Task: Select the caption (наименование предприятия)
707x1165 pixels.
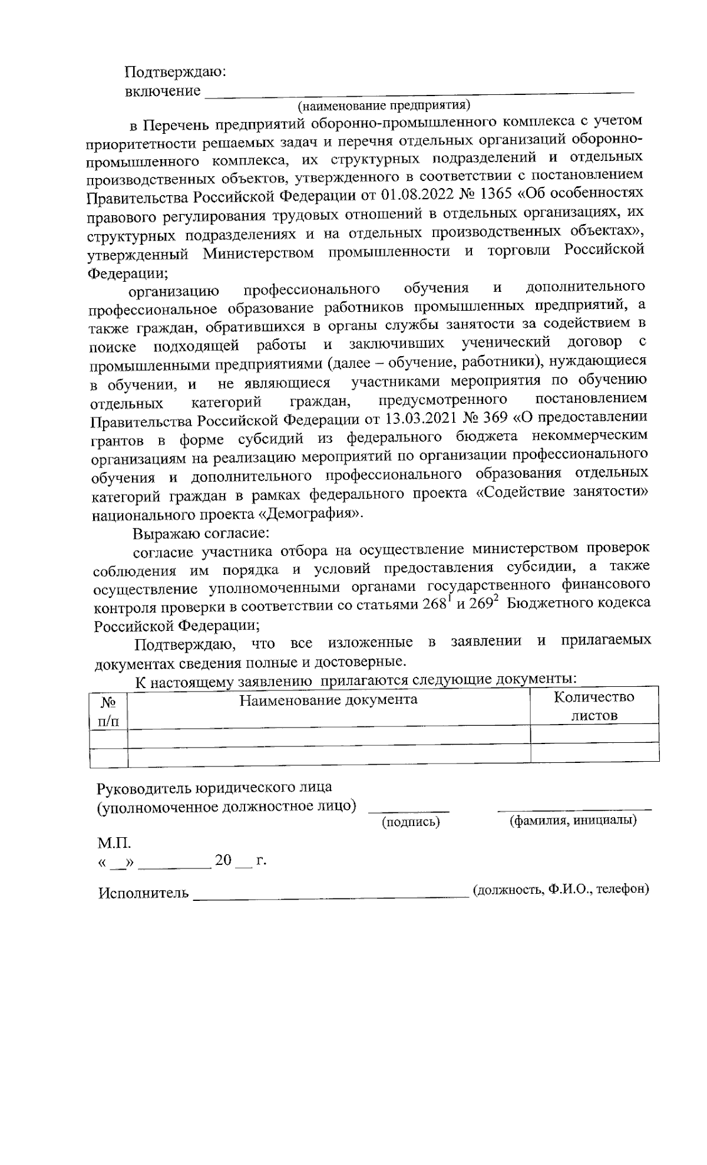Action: click(384, 106)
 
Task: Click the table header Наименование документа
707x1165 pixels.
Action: click(328, 700)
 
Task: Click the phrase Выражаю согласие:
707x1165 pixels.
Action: click(201, 534)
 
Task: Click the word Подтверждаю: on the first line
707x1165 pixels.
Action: click(176, 73)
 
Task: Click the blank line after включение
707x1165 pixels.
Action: click(418, 91)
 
